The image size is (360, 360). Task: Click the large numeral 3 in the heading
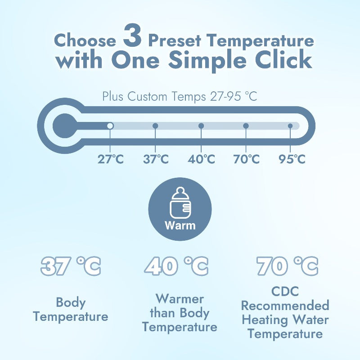pos(132,36)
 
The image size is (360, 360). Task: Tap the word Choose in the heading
pos(85,40)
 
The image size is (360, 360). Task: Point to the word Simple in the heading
pos(207,61)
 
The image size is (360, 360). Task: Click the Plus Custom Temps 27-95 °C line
pos(180,96)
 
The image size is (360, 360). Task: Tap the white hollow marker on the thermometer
pos(110,126)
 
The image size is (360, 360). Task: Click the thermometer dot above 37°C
pos(155,126)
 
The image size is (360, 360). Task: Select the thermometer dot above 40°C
pos(201,126)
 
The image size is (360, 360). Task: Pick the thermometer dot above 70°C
pos(246,126)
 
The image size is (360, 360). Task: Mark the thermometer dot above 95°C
pos(290,126)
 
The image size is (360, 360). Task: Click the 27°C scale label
pos(111,159)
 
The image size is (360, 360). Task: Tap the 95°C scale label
pos(292,159)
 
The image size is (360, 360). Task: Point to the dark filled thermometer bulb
pos(65,126)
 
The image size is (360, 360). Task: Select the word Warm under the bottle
pos(180,225)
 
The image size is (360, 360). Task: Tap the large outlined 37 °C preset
pos(71,266)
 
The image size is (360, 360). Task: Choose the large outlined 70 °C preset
pos(288,266)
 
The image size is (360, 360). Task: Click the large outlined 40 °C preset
pos(176,266)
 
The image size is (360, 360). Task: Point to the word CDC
pos(285,291)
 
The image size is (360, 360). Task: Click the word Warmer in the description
pos(180,299)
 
